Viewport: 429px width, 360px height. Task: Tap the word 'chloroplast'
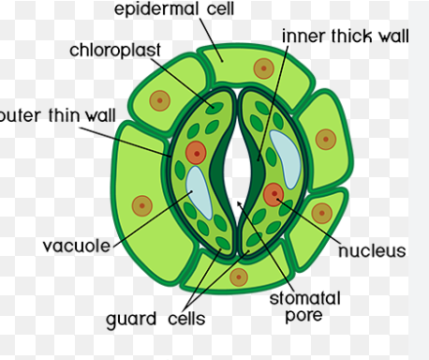pyautogui.click(x=115, y=49)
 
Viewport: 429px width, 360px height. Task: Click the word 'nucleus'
pyautogui.click(x=372, y=251)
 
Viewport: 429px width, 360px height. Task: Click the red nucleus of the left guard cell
pyautogui.click(x=195, y=153)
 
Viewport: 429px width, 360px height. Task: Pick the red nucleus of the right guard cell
pyautogui.click(x=274, y=195)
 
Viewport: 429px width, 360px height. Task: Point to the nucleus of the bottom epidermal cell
pyautogui.click(x=238, y=277)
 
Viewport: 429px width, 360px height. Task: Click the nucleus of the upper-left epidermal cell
pyautogui.click(x=162, y=99)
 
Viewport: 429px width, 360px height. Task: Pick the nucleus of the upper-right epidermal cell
pyautogui.click(x=326, y=140)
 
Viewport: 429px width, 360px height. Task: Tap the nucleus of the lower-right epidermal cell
pyautogui.click(x=321, y=213)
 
